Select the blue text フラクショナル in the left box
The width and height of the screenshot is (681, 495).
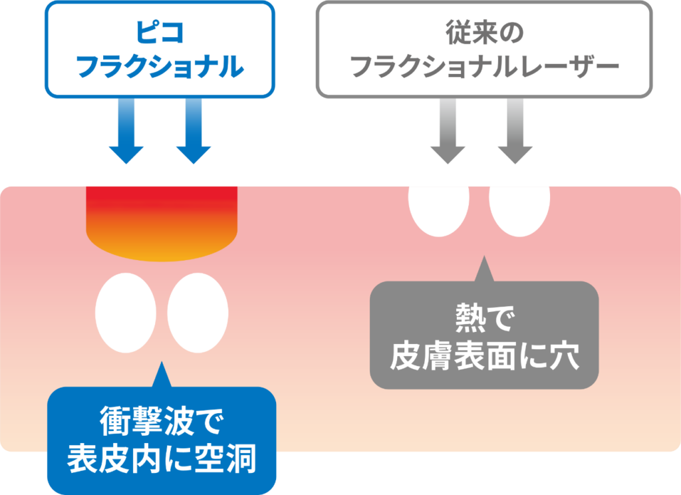[159, 67]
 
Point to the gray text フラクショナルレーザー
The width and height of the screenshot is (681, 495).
[484, 67]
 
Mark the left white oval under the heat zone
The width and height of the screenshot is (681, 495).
[126, 312]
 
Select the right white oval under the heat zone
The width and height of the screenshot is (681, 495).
[198, 312]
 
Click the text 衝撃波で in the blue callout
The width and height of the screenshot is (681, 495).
[162, 421]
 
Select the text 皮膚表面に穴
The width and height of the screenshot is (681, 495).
[484, 357]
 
